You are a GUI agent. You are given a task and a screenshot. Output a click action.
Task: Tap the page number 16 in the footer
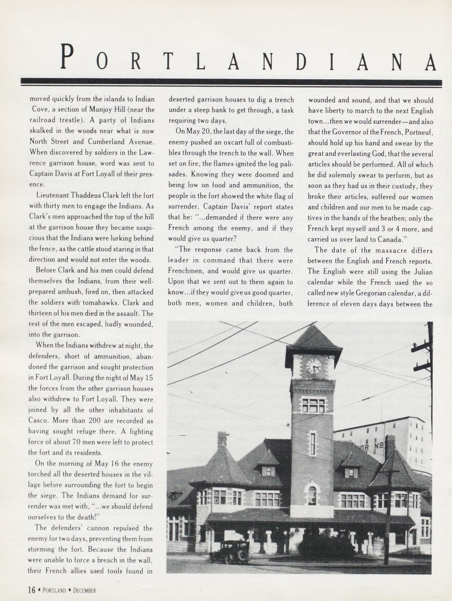[x=32, y=590]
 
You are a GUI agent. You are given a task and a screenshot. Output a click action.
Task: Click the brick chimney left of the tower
[x=222, y=439]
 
